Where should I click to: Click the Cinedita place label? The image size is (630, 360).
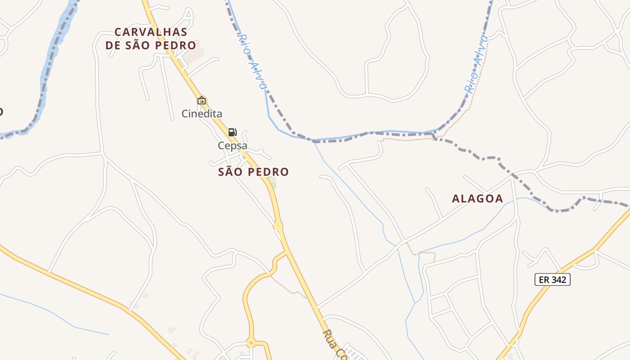point(202,113)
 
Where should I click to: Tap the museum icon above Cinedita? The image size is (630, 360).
point(202,100)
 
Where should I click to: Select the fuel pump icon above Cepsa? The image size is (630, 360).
point(232,132)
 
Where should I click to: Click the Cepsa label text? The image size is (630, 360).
point(233,145)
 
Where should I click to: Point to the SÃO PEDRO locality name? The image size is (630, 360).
point(253,172)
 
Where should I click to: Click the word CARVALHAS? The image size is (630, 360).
point(151,32)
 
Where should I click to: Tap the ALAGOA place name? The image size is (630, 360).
point(477,198)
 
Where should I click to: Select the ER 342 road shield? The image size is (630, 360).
point(552,279)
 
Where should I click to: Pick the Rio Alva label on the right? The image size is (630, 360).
point(476,64)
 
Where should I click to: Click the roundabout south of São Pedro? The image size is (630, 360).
point(278,225)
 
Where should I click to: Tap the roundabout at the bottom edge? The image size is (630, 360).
point(251,342)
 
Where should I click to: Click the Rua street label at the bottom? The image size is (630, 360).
point(335,345)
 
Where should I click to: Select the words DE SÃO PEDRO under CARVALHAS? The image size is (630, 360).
point(151,45)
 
